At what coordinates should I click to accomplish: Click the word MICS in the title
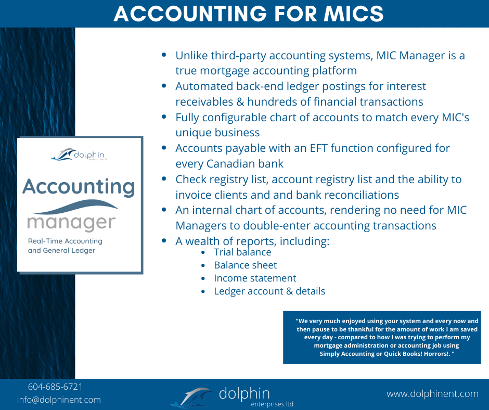353,14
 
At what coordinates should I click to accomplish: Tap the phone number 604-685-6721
55,387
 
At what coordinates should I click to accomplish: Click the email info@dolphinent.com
59,400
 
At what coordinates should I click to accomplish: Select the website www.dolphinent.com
432,394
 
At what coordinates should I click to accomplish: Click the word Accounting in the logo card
79,187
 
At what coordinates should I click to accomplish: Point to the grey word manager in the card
71,223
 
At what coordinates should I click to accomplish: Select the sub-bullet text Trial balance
242,252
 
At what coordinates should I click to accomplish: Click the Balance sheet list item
245,265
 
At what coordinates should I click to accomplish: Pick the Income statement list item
255,278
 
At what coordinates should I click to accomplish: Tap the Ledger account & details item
269,291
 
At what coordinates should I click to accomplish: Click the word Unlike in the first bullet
191,56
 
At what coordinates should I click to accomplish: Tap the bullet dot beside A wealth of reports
164,240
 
